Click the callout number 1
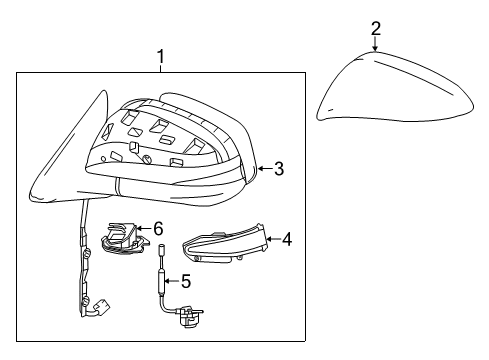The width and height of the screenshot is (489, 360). click(x=161, y=58)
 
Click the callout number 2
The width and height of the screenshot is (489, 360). click(x=376, y=27)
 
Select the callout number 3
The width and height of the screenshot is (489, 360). click(x=279, y=170)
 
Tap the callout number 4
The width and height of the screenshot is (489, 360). click(x=286, y=239)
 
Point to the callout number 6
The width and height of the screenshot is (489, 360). click(x=157, y=229)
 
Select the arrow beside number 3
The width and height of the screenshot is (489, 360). click(x=262, y=170)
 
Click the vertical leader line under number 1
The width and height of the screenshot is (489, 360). click(x=161, y=69)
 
